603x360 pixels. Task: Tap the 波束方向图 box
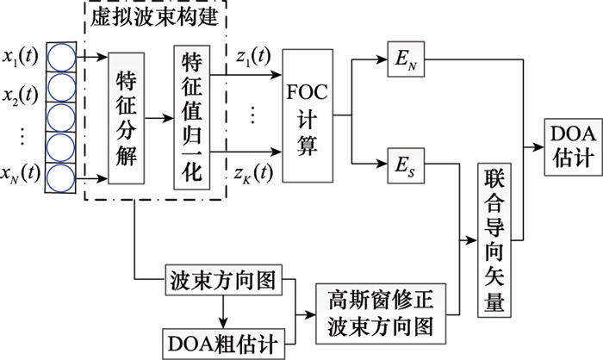point(228,282)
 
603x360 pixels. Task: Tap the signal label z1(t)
point(251,57)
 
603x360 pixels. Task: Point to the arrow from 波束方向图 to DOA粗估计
point(227,308)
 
